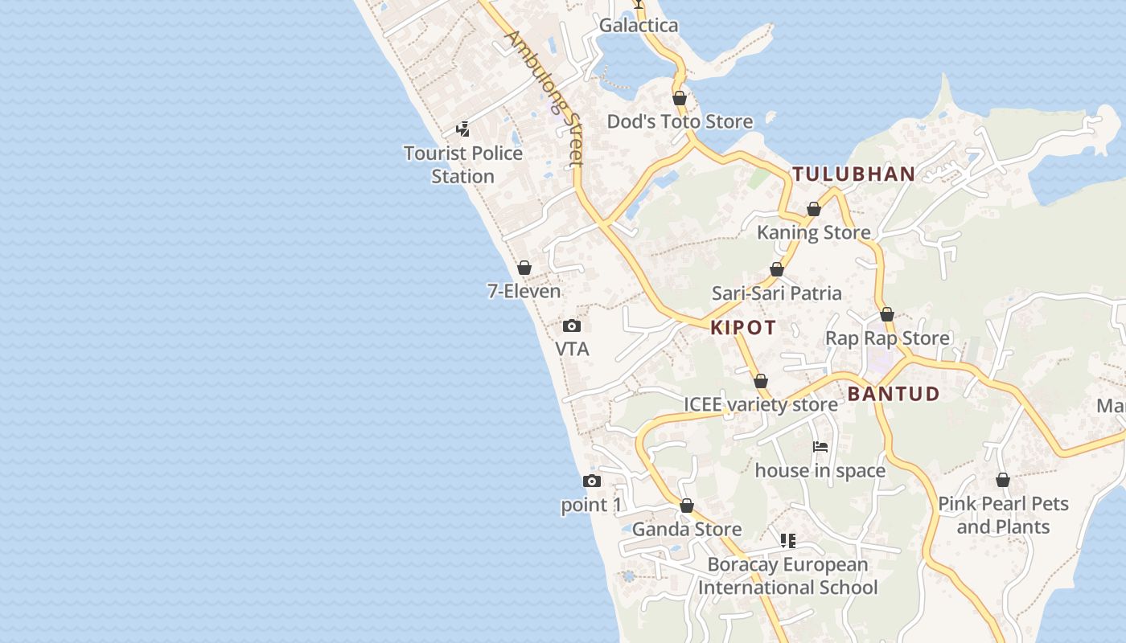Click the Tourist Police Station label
pos(463,165)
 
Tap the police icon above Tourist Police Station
pos(463,129)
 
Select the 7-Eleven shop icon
pos(524,268)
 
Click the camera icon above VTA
pos(572,326)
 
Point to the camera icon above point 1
pos(592,481)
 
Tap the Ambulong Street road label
pos(545,99)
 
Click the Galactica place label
pos(639,26)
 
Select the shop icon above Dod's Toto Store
pos(680,98)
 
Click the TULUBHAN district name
pos(853,174)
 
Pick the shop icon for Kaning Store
pos(814,209)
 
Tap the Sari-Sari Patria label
pos(777,293)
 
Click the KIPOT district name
pos(743,327)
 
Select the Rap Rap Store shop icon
pos(887,314)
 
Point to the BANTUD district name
pos(894,394)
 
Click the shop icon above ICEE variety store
pos(761,381)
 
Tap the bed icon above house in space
pos(820,447)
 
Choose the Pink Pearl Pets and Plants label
pos(1003,515)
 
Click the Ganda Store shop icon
pos(687,506)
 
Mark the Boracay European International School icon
pos(787,541)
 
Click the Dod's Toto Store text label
pos(680,121)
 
